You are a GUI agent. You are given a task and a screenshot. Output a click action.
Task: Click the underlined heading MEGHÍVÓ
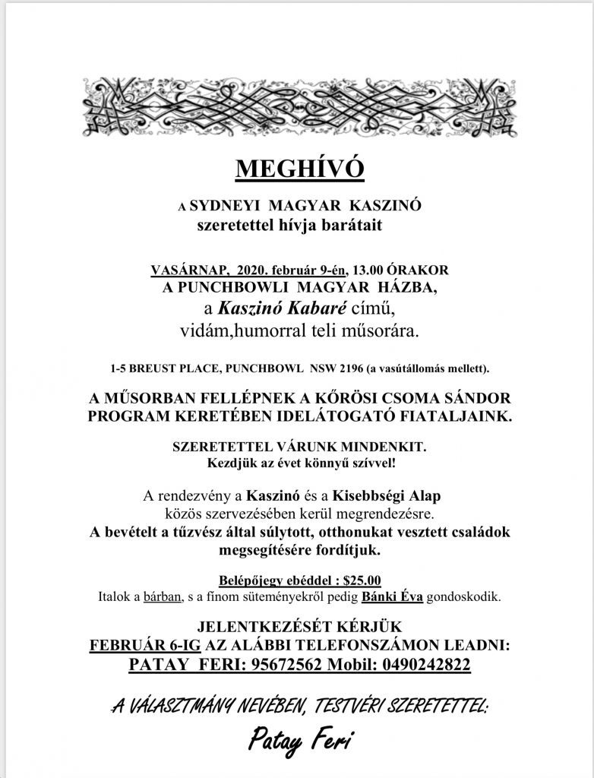[x=299, y=169]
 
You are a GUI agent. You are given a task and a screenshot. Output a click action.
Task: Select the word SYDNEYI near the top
[x=225, y=205]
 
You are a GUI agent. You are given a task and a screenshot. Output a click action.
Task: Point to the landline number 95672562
[x=288, y=665]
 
